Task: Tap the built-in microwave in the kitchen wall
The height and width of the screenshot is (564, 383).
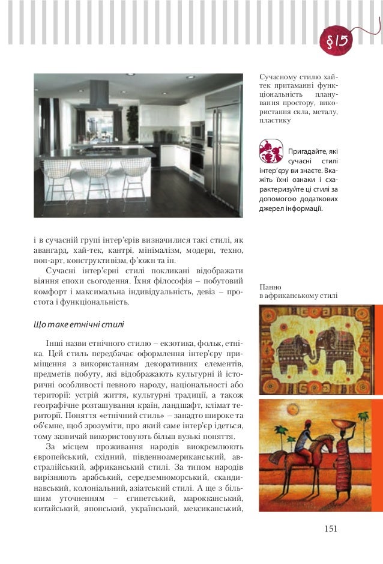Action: point(197,129)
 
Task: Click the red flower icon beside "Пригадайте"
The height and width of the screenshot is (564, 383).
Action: point(271,151)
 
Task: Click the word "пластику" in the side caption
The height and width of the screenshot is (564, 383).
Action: point(275,120)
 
